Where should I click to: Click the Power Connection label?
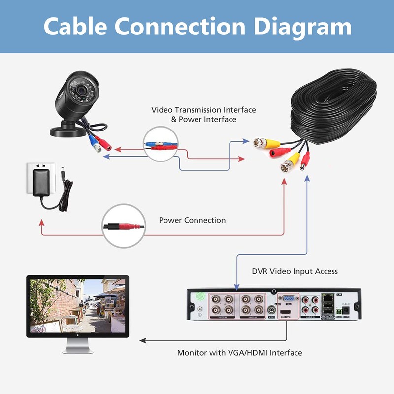point(192,220)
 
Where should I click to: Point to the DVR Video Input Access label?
point(295,271)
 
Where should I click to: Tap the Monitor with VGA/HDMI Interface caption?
point(239,353)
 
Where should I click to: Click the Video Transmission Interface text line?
point(203,110)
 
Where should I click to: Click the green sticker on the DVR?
point(200,297)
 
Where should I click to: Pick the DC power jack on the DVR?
point(346,311)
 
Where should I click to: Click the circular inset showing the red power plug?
point(124,226)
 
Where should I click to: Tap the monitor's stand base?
point(77,349)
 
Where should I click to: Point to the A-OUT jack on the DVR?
point(271,311)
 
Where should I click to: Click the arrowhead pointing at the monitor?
point(143,340)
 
